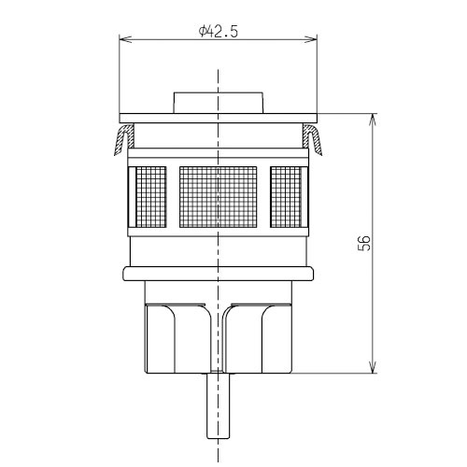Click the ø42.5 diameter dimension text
tap(219, 30)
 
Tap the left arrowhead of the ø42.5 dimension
tap(125, 39)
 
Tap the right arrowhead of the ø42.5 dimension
tap(314, 39)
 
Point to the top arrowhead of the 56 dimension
tap(374, 119)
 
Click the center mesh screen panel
tap(219, 198)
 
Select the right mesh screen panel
tap(290, 198)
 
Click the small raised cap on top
tap(219, 102)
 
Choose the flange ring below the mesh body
tap(219, 272)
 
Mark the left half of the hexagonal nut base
tap(177, 336)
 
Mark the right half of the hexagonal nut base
tap(262, 336)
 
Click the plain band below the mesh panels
tap(219, 247)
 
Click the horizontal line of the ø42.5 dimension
tap(168, 39)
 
